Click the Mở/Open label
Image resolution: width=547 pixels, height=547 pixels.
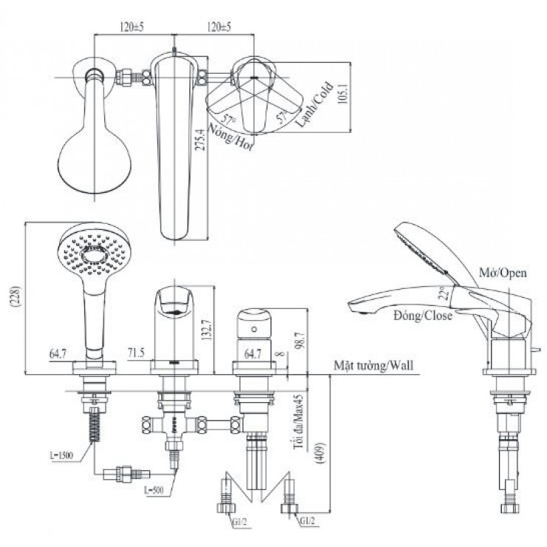pos(502,273)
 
